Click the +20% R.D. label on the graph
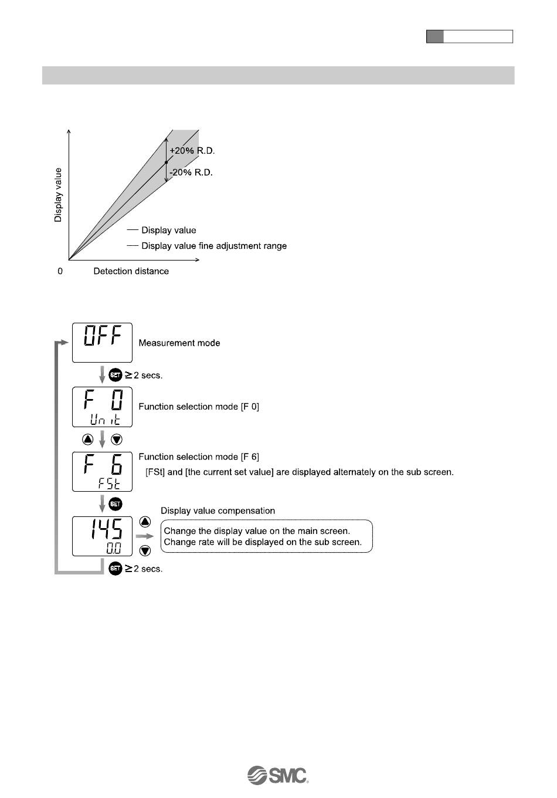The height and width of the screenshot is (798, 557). click(192, 151)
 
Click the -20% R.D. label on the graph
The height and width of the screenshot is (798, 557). click(191, 173)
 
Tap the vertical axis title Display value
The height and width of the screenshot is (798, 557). click(58, 195)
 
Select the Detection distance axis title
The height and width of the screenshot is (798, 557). click(131, 271)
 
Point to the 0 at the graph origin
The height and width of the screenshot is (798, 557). click(60, 272)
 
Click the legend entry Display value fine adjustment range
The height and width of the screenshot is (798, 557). click(213, 246)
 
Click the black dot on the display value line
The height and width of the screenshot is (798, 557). click(167, 162)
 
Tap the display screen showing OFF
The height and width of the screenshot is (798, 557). click(102, 343)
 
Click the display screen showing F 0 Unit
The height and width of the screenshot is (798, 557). click(102, 407)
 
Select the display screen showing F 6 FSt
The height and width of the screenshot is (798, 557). click(102, 471)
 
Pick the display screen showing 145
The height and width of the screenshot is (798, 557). click(102, 536)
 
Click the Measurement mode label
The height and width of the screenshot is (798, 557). click(179, 343)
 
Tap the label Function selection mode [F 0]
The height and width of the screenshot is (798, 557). click(199, 407)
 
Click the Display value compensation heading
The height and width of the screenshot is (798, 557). click(218, 511)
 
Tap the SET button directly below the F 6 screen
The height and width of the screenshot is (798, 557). click(116, 503)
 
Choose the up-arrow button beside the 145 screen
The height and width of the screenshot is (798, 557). click(145, 522)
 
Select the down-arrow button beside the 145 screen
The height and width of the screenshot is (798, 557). click(145, 551)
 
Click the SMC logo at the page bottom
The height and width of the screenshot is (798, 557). click(278, 775)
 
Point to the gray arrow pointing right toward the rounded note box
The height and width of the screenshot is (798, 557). click(144, 536)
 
